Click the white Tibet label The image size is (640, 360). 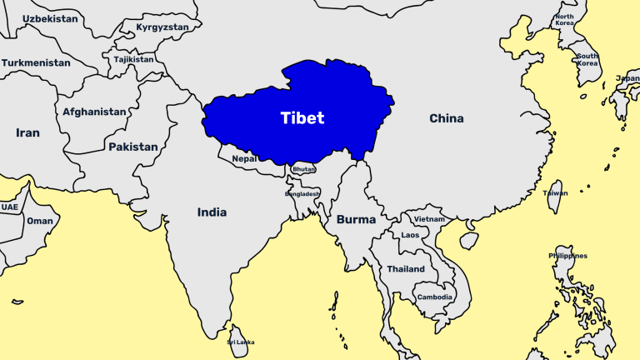302,118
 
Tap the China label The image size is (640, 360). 446,118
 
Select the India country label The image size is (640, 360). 212,212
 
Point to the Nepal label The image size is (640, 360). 244,158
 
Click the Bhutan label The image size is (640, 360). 304,169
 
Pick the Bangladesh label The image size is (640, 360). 302,193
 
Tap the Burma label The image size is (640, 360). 356,220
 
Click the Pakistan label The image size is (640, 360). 132,147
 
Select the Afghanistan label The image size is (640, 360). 95,112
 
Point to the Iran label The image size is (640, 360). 27,132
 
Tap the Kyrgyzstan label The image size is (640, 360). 162,27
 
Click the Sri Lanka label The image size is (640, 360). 241,342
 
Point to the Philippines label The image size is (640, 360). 567,256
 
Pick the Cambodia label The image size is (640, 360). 435,297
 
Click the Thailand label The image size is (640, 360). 406,269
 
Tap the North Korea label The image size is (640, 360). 565,21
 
